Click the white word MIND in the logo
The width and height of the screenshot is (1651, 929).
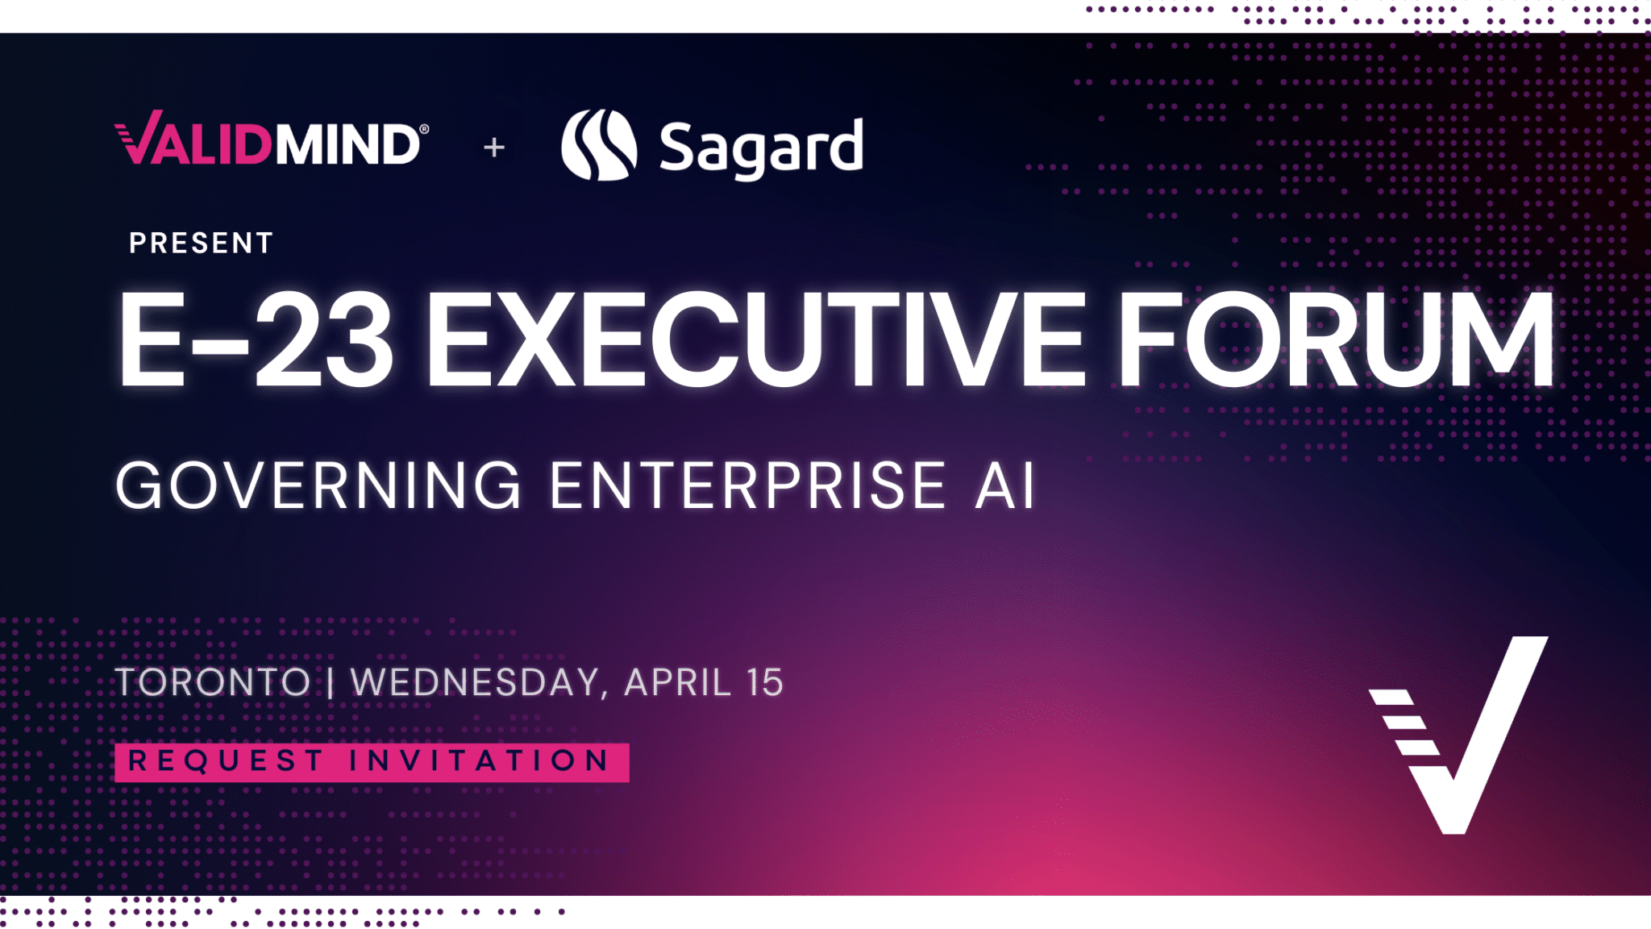pyautogui.click(x=347, y=145)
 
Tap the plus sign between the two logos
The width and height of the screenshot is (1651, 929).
pyautogui.click(x=494, y=148)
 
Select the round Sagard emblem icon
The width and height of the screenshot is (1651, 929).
pyautogui.click(x=599, y=145)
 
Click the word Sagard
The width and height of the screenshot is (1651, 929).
pyautogui.click(x=761, y=148)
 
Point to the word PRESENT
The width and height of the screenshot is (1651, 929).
pyautogui.click(x=202, y=243)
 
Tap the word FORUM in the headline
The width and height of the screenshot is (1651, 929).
pyautogui.click(x=1335, y=339)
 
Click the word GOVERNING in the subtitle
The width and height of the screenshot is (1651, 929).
pyautogui.click(x=319, y=485)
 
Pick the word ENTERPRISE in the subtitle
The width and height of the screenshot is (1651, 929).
pyautogui.click(x=748, y=485)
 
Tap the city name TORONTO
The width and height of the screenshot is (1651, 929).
pyautogui.click(x=213, y=682)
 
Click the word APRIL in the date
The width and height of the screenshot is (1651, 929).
pyautogui.click(x=677, y=682)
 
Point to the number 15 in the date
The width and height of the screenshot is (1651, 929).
pyautogui.click(x=764, y=682)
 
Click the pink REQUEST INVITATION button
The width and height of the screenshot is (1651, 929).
pyautogui.click(x=372, y=762)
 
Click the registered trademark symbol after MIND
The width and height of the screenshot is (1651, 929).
pyautogui.click(x=424, y=129)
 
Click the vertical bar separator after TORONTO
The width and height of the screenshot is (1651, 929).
pyautogui.click(x=331, y=682)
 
